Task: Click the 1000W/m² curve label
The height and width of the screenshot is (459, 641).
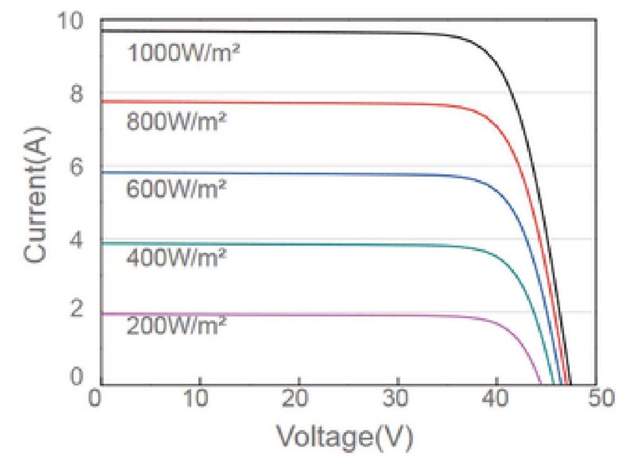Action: pyautogui.click(x=183, y=53)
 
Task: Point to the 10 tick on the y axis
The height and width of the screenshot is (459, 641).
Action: pyautogui.click(x=69, y=21)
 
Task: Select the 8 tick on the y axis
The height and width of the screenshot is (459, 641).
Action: pyautogui.click(x=76, y=94)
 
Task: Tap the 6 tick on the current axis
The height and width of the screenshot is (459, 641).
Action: pyautogui.click(x=76, y=168)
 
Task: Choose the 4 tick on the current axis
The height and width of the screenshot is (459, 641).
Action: pyautogui.click(x=76, y=240)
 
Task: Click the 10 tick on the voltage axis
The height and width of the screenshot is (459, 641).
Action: pyautogui.click(x=200, y=398)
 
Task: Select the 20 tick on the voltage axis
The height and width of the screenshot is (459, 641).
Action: pyautogui.click(x=299, y=398)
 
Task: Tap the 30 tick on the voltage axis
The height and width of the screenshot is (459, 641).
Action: pyautogui.click(x=397, y=398)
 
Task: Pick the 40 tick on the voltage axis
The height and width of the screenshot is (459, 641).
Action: pyautogui.click(x=496, y=398)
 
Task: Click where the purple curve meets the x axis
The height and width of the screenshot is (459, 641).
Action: pyautogui.click(x=541, y=384)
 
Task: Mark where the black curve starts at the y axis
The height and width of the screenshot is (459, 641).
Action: pyautogui.click(x=102, y=30)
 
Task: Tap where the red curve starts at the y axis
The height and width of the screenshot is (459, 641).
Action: pyautogui.click(x=102, y=101)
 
